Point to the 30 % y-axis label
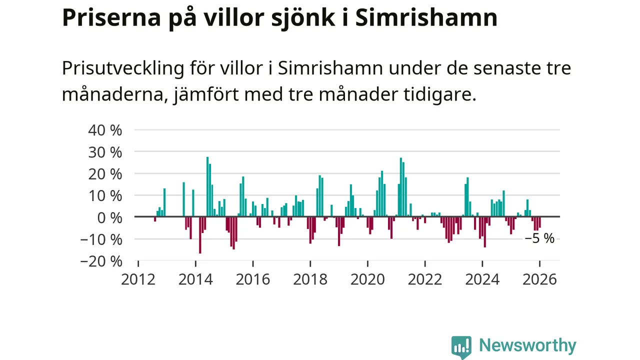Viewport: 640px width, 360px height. point(105,152)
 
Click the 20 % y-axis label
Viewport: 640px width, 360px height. point(105,174)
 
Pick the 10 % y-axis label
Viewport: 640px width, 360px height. point(105,195)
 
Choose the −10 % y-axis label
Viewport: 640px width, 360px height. point(101,239)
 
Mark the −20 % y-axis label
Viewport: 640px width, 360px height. point(101,261)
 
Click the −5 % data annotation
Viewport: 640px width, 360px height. point(539,238)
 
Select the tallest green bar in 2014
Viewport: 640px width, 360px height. point(207,187)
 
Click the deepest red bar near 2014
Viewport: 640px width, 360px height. point(200,235)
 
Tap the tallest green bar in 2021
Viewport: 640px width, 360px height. point(401,187)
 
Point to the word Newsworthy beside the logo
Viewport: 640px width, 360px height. point(527,345)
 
